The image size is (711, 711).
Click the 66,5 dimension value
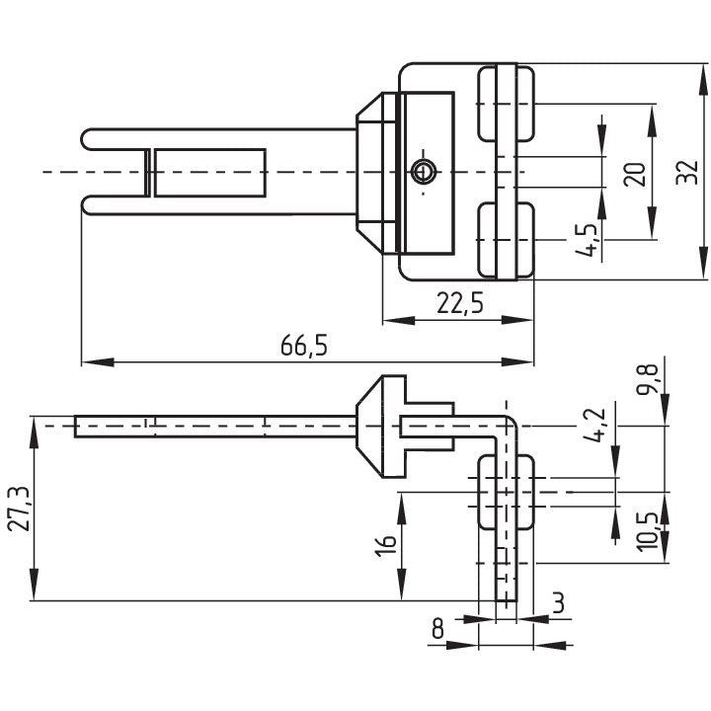303,346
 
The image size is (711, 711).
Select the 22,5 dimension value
460,303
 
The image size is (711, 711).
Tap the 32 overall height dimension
687,172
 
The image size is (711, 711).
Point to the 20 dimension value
635,174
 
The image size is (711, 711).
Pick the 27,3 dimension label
19,509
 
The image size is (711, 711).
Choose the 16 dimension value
385,545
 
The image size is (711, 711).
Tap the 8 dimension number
437,628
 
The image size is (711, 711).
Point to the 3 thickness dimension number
559,603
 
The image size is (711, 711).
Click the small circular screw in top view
423,172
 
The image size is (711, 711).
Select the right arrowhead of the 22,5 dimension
517,320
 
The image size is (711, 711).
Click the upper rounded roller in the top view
506,104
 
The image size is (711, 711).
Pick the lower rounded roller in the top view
506,239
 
